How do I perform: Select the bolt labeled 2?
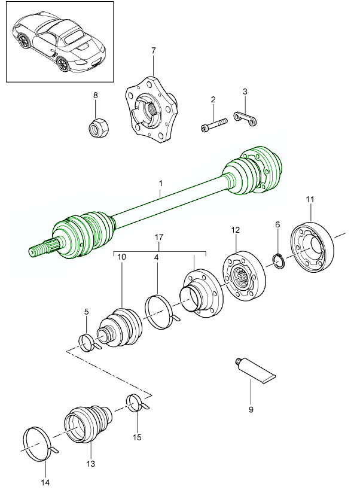tap(213, 126)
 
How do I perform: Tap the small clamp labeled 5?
tap(89, 343)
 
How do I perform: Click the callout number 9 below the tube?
tap(251, 410)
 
